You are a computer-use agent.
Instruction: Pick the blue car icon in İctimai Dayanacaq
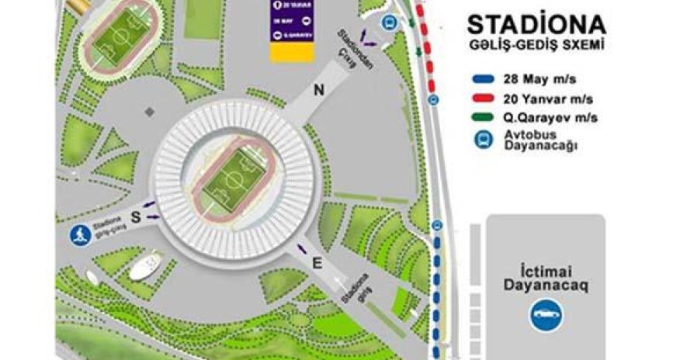click(546, 316)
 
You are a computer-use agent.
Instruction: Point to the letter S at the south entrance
click(134, 219)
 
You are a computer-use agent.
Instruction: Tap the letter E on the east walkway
click(315, 263)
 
